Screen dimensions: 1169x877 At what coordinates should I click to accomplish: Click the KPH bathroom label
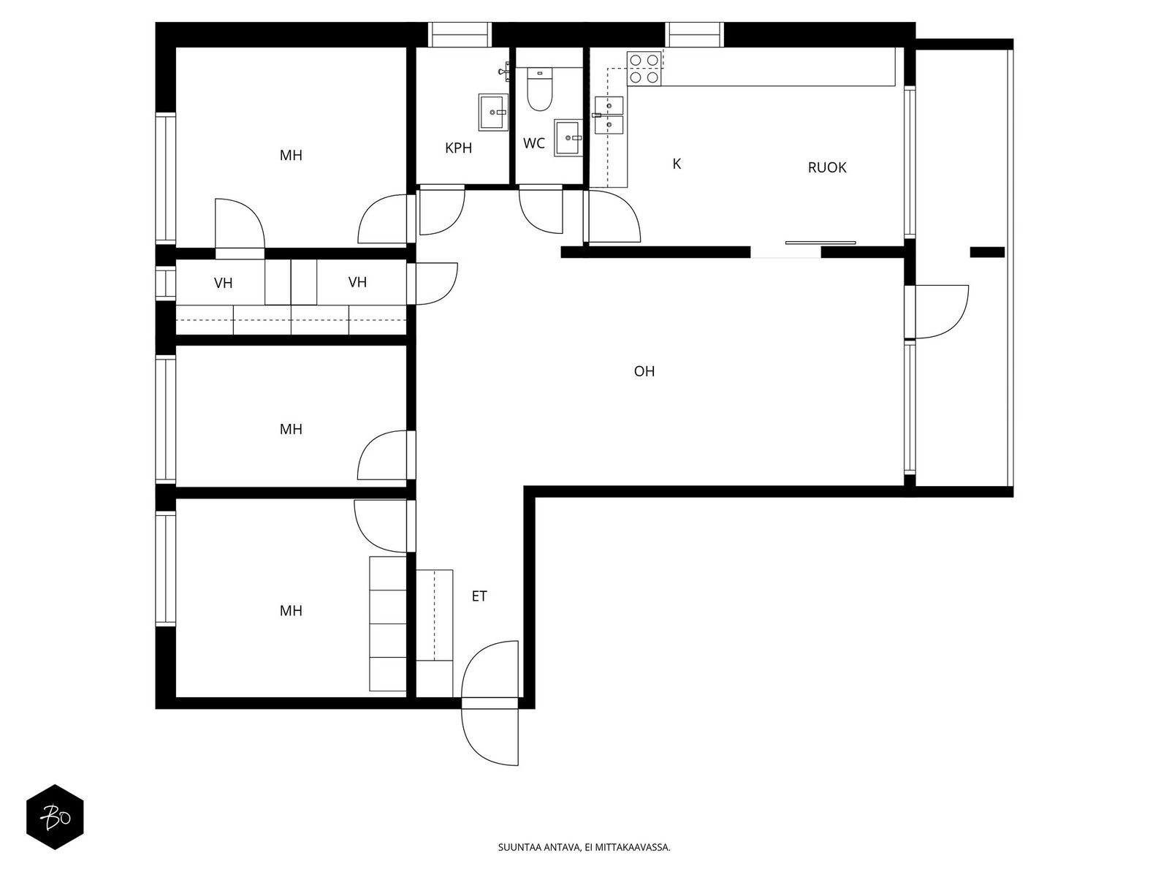[458, 148]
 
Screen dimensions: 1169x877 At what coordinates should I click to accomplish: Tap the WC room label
[533, 143]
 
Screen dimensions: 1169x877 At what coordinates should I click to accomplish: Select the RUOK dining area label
[826, 168]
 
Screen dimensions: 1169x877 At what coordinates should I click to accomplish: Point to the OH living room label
[644, 371]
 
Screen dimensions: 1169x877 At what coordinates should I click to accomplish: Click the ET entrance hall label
[479, 596]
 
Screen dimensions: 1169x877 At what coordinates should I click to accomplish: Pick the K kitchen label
[677, 164]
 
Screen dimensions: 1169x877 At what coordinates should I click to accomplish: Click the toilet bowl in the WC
[539, 89]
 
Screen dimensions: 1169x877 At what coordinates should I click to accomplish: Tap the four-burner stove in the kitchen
[644, 69]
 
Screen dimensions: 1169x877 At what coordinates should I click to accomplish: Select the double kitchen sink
[609, 115]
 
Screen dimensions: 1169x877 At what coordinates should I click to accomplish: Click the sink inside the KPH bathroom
[493, 113]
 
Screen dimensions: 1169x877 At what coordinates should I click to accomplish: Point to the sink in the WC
[568, 138]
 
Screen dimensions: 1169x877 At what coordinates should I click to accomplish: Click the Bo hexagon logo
[55, 817]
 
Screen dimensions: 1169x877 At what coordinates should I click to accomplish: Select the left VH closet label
[223, 284]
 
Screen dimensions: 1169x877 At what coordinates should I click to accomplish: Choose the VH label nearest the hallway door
[357, 282]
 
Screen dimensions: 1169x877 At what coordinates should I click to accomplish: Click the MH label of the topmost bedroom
[291, 156]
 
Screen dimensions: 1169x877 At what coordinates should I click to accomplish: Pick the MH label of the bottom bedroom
[291, 611]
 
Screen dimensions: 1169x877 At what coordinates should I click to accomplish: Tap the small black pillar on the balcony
[987, 252]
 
